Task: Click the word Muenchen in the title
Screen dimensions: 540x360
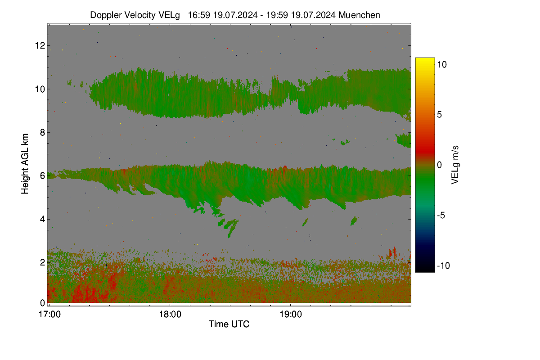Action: [359, 15]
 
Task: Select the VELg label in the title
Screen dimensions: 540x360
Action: [169, 15]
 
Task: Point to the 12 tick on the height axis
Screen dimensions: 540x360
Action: [40, 45]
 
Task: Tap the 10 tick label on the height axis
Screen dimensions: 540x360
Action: [40, 89]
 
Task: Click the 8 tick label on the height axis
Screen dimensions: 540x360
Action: [42, 132]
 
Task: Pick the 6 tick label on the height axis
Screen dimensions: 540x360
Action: [42, 176]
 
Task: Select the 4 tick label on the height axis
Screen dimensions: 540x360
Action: [42, 219]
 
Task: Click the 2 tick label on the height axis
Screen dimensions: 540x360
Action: [42, 262]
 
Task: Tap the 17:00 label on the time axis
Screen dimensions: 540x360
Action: [49, 315]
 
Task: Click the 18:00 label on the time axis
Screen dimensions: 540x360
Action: [170, 315]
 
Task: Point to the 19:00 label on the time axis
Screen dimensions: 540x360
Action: [291, 315]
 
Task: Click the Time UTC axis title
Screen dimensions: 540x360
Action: [229, 324]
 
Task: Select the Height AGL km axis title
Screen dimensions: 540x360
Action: [25, 164]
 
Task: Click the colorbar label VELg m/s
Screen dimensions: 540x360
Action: [455, 165]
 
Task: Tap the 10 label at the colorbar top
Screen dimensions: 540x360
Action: [442, 65]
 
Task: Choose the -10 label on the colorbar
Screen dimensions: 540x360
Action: [443, 265]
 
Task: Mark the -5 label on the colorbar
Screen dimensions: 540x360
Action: [441, 215]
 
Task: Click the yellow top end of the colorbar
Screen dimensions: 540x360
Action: [425, 59]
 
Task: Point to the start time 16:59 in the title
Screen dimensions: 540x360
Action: [198, 15]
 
